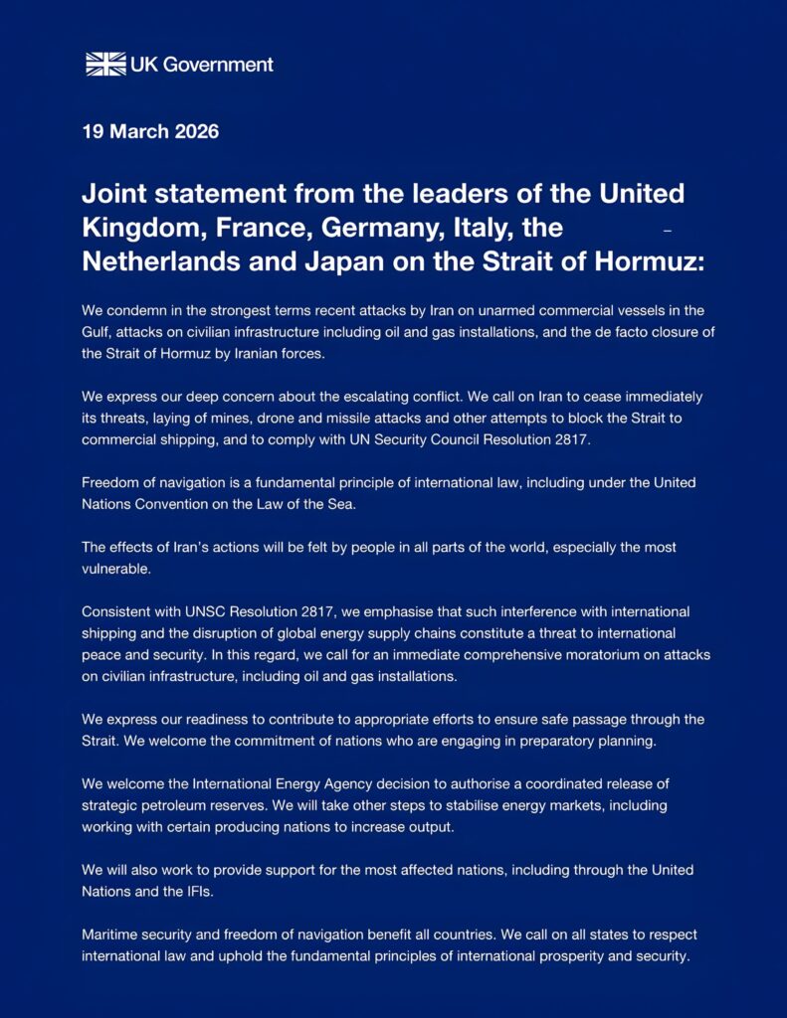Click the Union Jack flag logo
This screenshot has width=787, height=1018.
(105, 65)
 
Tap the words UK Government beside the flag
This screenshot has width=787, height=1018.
(202, 65)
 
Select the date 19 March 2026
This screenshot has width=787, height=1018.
(150, 131)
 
